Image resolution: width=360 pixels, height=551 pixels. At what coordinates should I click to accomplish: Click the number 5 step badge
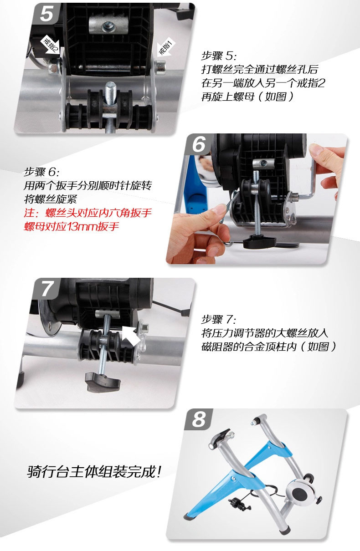[47, 14]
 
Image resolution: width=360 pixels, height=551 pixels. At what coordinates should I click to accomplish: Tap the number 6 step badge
[199, 144]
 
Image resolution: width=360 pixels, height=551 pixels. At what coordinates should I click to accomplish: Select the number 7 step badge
[47, 289]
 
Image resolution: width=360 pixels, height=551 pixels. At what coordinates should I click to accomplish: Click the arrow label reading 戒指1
[166, 47]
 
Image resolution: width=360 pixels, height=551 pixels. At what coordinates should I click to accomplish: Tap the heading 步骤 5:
[219, 56]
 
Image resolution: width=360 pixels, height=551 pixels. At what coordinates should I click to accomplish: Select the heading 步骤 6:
[41, 172]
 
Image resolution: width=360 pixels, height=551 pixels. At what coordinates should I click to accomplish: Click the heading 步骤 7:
[219, 319]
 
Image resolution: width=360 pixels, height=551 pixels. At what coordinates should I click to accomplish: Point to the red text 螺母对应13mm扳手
[72, 226]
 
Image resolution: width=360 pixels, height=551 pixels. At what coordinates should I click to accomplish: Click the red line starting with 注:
[87, 213]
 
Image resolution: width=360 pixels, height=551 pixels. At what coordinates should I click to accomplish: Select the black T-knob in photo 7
[103, 382]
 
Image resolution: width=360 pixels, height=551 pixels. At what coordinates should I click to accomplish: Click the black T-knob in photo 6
[260, 241]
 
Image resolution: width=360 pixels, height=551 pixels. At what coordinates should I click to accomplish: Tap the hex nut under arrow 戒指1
[160, 67]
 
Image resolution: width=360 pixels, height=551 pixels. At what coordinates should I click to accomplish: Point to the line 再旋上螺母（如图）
[248, 97]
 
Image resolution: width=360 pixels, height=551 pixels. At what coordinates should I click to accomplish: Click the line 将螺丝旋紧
[51, 199]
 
